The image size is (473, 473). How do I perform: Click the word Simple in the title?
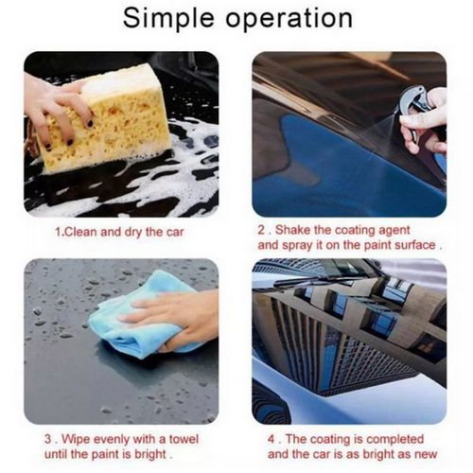pos(168,19)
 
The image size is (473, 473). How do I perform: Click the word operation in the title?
pos(289,20)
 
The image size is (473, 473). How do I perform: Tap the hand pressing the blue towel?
pos(177,319)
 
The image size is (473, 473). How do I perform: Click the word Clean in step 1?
pos(79,232)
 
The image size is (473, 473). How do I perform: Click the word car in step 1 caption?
pos(175,233)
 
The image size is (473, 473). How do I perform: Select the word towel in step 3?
pos(184,439)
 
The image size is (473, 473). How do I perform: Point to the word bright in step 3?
pos(149,454)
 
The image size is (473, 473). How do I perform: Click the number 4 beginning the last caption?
pos(272,439)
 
